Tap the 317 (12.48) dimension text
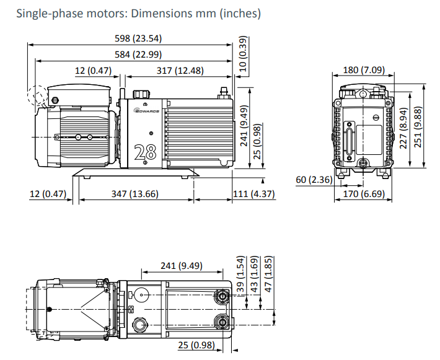coord(180,71)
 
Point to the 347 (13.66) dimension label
coord(135,194)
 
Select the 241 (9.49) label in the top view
coord(182,266)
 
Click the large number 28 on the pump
coord(146,152)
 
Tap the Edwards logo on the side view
coord(147,111)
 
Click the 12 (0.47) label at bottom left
coord(47,194)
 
